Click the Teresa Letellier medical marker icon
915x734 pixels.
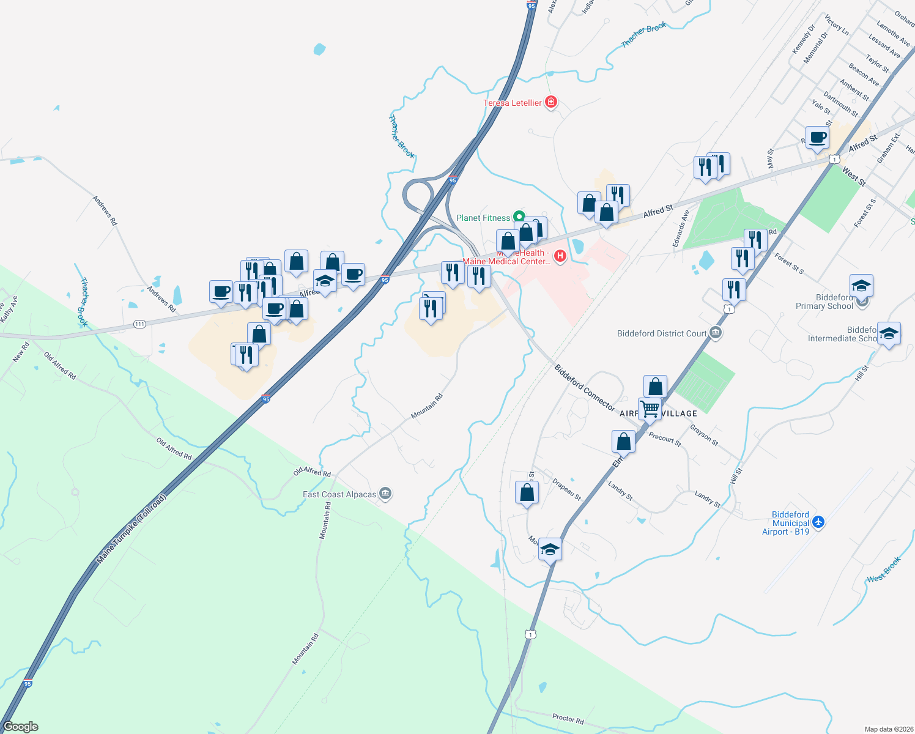tap(551, 102)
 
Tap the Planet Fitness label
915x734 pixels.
tap(483, 218)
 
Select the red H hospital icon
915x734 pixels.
tap(560, 255)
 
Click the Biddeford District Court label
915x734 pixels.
tap(662, 333)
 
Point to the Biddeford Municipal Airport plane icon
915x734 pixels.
tap(818, 522)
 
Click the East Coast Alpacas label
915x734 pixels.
tap(339, 494)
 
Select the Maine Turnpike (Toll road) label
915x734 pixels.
tap(131, 529)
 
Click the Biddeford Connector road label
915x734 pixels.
tap(584, 387)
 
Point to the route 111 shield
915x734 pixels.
tap(139, 324)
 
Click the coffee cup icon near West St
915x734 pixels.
tap(817, 138)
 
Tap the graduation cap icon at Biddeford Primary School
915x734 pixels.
tap(861, 286)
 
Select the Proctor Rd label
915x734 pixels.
tap(568, 718)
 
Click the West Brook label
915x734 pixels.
tap(884, 569)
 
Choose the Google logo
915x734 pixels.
tap(20, 727)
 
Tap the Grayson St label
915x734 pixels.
tap(704, 434)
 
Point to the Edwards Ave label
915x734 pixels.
tap(681, 229)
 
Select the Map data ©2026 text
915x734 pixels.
tap(886, 729)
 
